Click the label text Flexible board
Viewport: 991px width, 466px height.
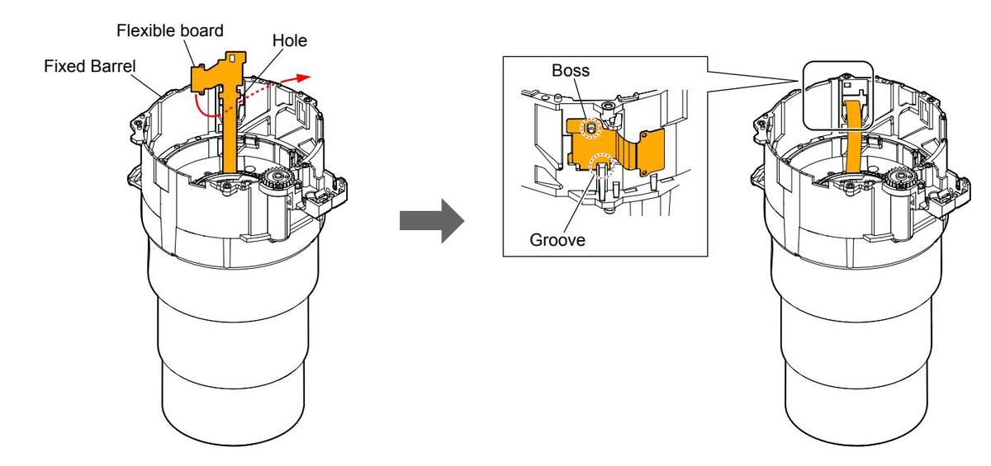click(170, 31)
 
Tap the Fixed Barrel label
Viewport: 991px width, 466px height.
click(90, 66)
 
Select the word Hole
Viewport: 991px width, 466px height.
click(290, 40)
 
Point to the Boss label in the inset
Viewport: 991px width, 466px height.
click(571, 70)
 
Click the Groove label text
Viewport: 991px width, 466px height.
click(557, 240)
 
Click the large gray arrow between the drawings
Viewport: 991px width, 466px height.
click(432, 220)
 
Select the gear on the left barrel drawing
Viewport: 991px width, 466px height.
click(276, 178)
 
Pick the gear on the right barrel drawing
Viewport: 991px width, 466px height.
click(899, 180)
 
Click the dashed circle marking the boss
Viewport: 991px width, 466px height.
click(590, 129)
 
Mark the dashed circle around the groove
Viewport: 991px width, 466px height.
click(603, 165)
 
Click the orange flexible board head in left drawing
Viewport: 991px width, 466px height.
click(219, 72)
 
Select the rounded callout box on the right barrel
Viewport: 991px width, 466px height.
click(838, 96)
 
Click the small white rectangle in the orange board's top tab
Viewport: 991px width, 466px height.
click(233, 57)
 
